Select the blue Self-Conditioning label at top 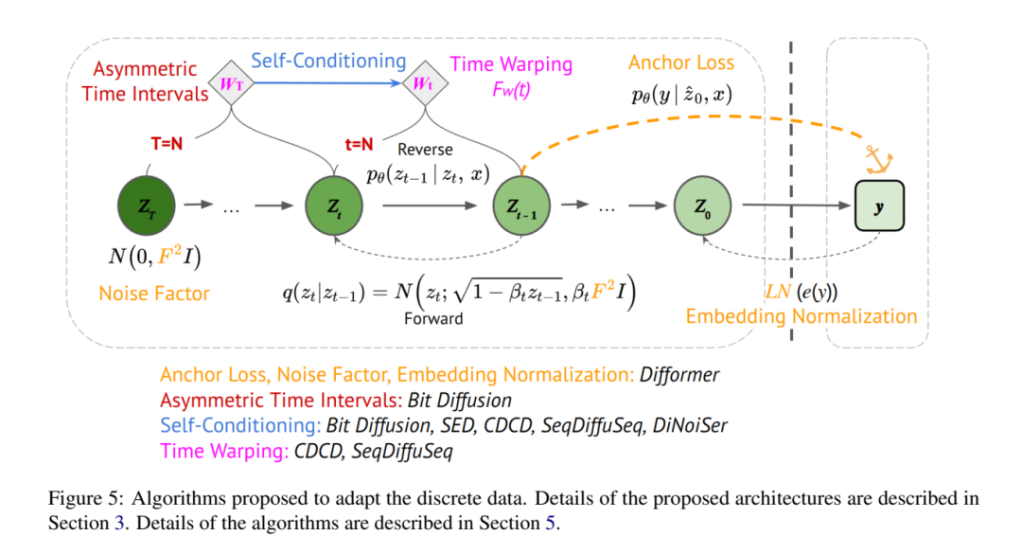pos(327,62)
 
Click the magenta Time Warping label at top pos(511,64)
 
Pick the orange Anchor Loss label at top pos(681,63)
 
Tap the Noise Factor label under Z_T pos(154,294)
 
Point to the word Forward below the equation pos(433,319)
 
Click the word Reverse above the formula pos(425,150)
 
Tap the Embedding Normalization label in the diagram pos(802,316)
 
